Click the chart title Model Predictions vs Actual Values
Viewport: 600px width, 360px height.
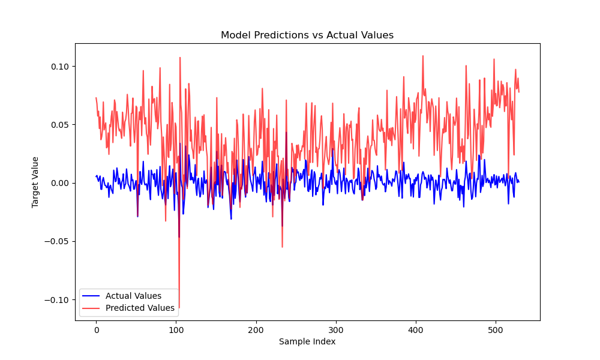(x=307, y=35)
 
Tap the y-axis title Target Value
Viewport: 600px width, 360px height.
(x=35, y=182)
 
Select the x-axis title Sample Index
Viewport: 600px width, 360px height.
(x=307, y=341)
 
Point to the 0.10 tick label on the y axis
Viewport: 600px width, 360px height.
(x=60, y=67)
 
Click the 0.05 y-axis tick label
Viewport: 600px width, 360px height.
(x=60, y=125)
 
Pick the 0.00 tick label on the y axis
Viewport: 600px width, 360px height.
(x=60, y=183)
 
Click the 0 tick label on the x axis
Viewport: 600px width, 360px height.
(x=97, y=330)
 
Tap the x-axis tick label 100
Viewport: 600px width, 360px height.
(x=176, y=330)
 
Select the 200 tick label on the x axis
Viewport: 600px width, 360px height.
(x=256, y=330)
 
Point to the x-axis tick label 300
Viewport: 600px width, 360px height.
(x=336, y=330)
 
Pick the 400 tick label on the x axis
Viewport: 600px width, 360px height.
(x=416, y=330)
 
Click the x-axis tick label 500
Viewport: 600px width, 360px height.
(x=496, y=330)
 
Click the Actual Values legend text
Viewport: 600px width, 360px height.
(x=133, y=296)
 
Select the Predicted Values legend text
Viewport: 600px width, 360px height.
(x=140, y=308)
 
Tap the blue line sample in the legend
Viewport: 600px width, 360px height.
(x=91, y=296)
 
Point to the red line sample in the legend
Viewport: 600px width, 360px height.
(x=91, y=308)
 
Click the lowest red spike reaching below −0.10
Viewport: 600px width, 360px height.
(x=179, y=306)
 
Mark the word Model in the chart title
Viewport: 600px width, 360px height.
(x=236, y=35)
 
